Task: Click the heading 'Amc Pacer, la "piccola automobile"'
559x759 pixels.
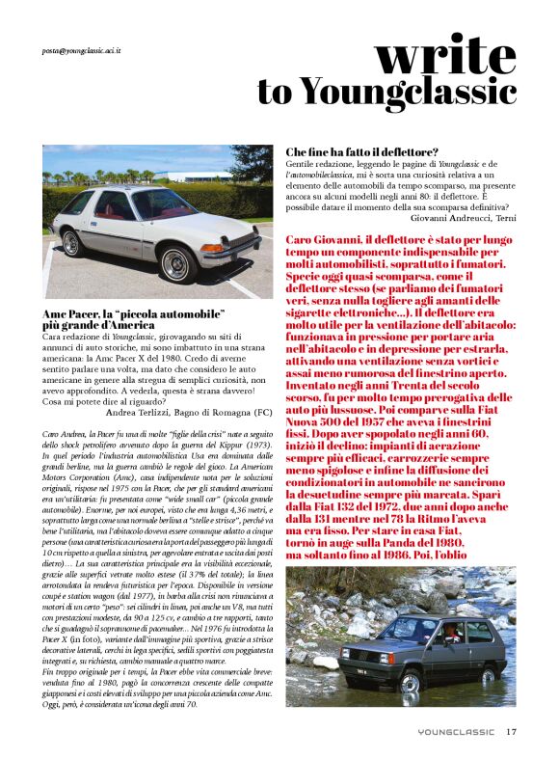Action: [134, 314]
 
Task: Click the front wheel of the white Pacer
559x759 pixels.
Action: [175, 263]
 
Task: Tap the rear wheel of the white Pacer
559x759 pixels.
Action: [69, 244]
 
